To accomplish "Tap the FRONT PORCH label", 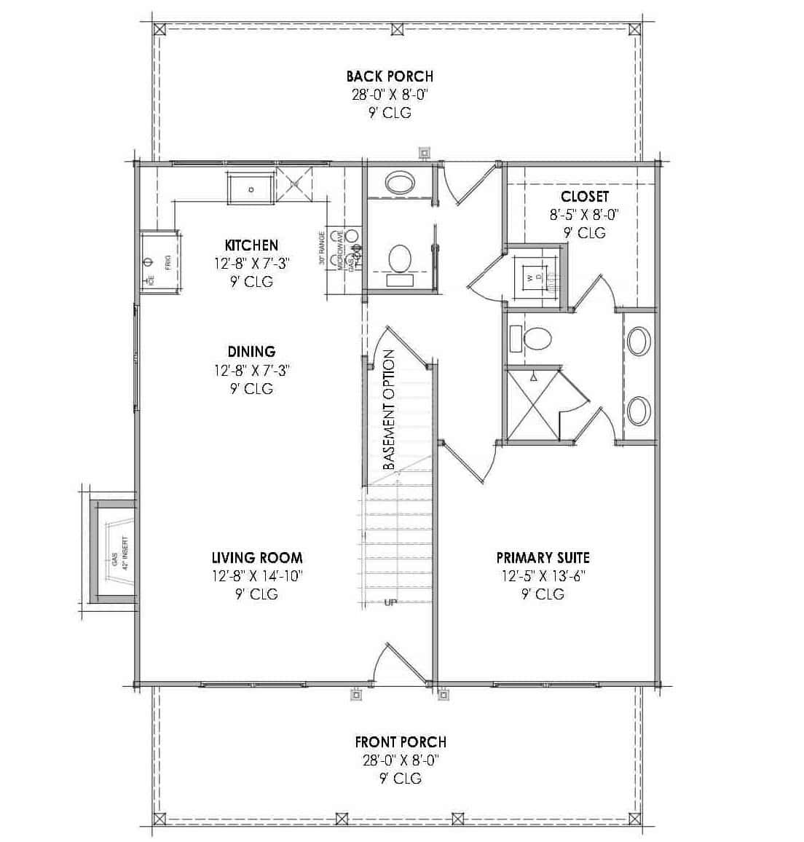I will pyautogui.click(x=401, y=742).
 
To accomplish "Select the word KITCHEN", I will pyautogui.click(x=251, y=245).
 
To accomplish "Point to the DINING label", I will pyautogui.click(x=251, y=352).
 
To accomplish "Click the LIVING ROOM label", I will pyautogui.click(x=256, y=558).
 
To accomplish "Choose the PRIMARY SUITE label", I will pyautogui.click(x=543, y=558).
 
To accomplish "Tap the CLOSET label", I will pyautogui.click(x=584, y=197).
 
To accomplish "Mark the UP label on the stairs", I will pyautogui.click(x=390, y=602).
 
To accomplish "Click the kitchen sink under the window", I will pyautogui.click(x=251, y=189).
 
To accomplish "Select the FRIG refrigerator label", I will pyautogui.click(x=167, y=262).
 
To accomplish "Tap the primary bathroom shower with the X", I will pyautogui.click(x=533, y=406).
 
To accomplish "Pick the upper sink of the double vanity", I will pyautogui.click(x=639, y=342).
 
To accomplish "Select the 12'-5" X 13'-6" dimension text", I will pyautogui.click(x=543, y=576).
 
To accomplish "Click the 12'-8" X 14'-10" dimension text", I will pyautogui.click(x=256, y=576).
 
